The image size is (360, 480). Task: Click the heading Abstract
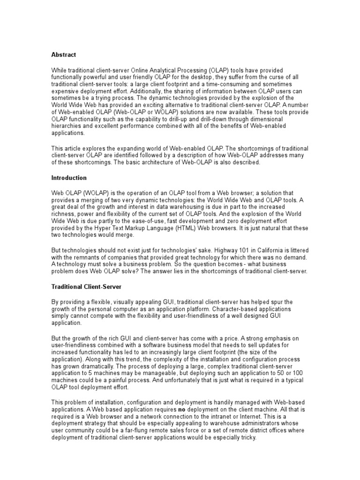[x=63, y=55]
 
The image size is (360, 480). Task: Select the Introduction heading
[x=68, y=178]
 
